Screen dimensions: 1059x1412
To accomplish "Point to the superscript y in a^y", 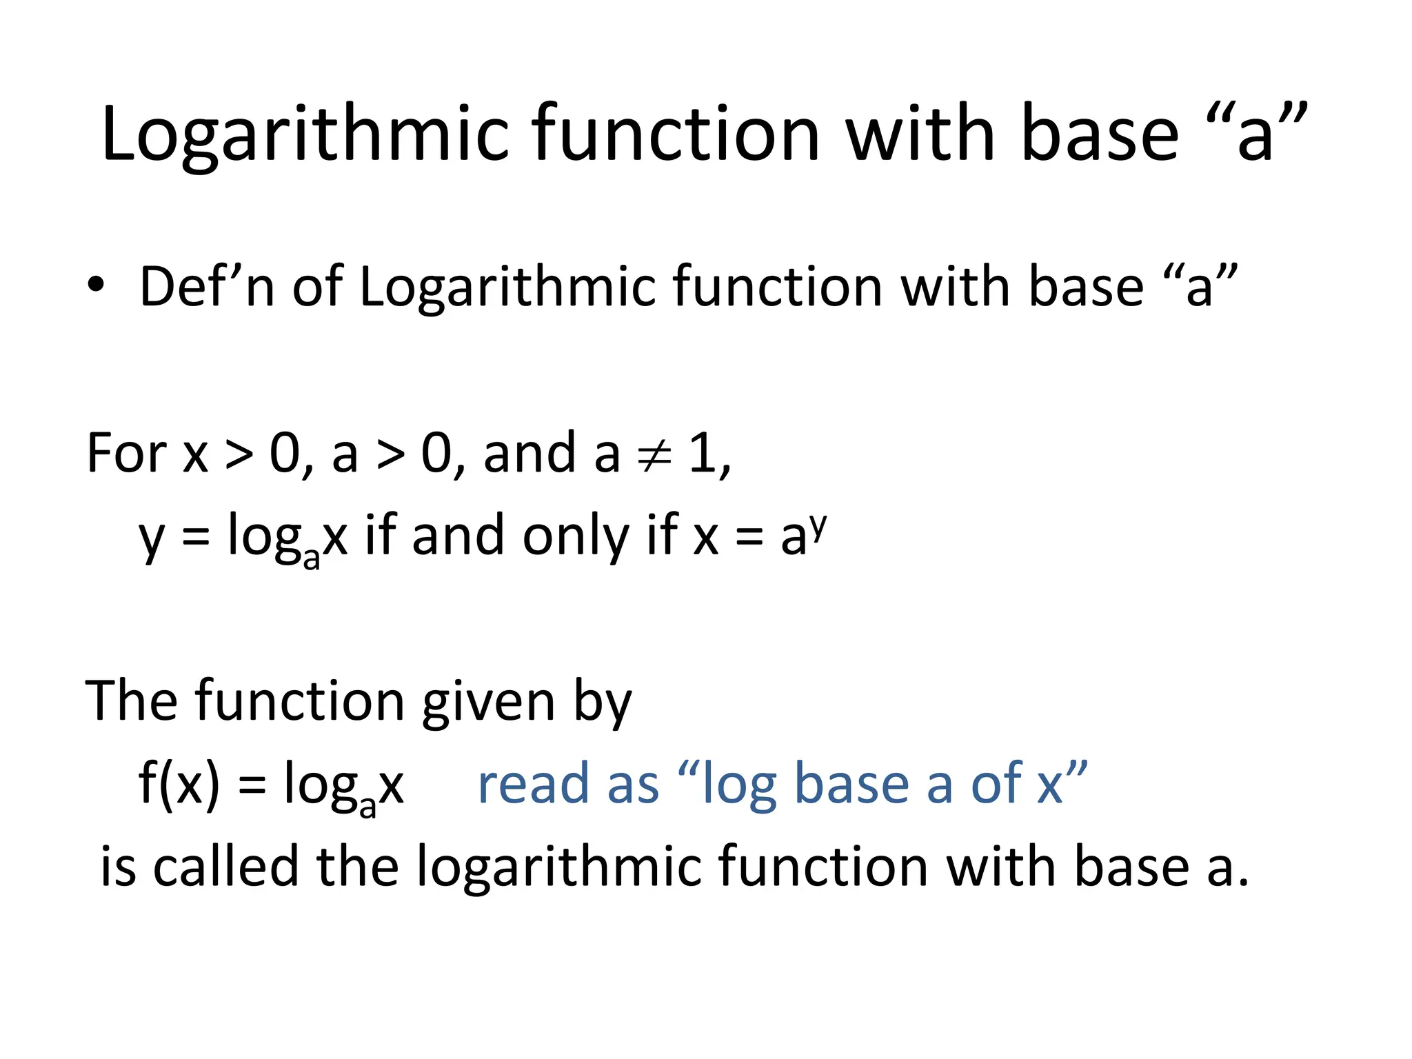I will [818, 526].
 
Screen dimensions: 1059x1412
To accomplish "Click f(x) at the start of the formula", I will [179, 784].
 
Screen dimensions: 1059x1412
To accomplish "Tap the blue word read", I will [534, 784].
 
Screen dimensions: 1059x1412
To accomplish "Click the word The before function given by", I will [131, 701].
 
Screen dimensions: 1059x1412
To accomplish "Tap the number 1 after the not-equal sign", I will [704, 453].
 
